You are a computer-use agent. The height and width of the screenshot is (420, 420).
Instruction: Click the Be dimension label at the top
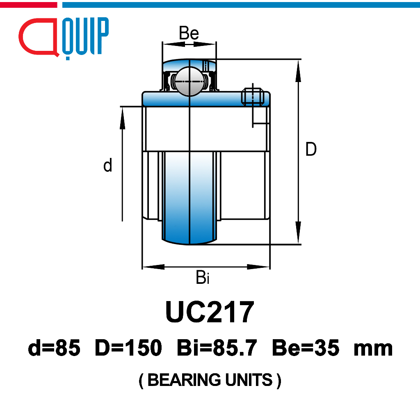[x=189, y=33]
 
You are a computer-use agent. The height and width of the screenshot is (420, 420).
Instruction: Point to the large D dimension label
[x=311, y=149]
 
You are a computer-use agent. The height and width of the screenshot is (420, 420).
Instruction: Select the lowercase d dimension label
[x=108, y=165]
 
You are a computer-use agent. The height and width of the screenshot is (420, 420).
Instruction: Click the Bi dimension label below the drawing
[x=203, y=277]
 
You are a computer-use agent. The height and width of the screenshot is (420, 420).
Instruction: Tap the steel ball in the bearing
[x=189, y=82]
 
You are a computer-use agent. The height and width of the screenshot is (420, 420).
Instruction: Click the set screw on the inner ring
[x=253, y=96]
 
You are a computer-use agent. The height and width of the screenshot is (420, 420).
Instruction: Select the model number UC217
[x=210, y=312]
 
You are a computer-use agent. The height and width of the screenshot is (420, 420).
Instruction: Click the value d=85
[x=54, y=348]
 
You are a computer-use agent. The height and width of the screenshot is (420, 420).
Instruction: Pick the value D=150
[x=128, y=348]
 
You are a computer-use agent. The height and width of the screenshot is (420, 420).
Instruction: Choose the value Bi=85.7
[x=217, y=348]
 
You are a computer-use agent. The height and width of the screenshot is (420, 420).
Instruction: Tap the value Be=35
[x=306, y=348]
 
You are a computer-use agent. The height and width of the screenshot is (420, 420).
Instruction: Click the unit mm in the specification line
[x=373, y=349]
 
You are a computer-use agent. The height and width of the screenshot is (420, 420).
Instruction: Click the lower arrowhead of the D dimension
[x=298, y=233]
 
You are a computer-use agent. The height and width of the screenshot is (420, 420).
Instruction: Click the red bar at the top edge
[x=28, y=5]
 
